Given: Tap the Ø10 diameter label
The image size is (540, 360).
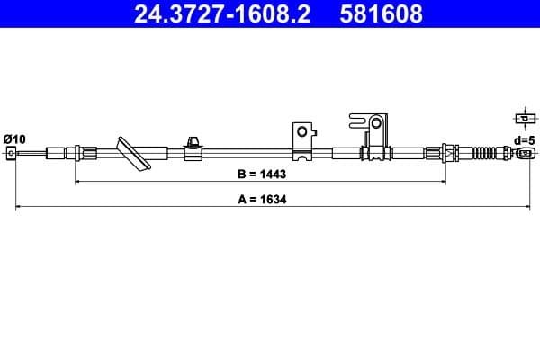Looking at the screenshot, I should [14, 138].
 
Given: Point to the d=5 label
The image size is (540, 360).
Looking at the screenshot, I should [522, 139].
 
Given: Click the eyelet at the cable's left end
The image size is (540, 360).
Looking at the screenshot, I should [12, 154].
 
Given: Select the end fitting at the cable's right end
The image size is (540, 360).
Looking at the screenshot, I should [526, 154].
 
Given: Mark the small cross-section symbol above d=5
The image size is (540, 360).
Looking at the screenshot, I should [522, 118].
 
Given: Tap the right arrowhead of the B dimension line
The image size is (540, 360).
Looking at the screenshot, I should [443, 181].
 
